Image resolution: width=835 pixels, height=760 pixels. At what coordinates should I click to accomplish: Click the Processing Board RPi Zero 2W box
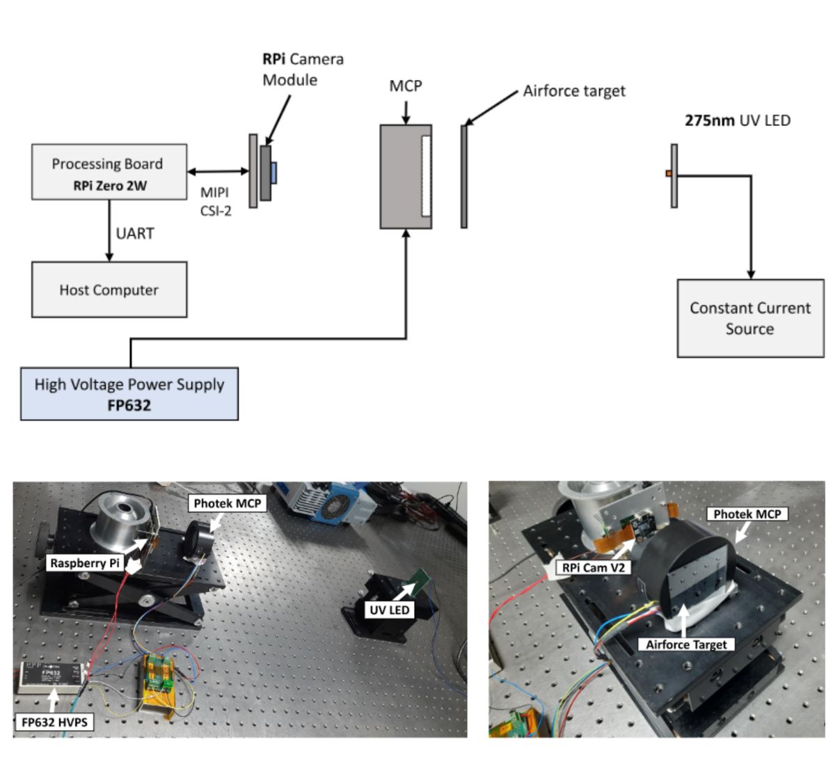(109, 172)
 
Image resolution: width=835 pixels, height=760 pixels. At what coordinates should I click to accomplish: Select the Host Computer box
(109, 290)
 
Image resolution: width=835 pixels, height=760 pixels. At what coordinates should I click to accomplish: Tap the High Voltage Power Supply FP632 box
(129, 394)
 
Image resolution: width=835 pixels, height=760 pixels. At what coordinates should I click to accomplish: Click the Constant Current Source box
(750, 318)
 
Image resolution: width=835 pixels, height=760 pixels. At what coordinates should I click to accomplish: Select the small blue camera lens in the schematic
(274, 173)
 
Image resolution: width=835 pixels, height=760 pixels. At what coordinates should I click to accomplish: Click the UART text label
(135, 233)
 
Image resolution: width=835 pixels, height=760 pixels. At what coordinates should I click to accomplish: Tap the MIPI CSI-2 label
(215, 201)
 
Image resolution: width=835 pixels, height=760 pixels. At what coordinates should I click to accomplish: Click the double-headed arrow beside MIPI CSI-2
(218, 171)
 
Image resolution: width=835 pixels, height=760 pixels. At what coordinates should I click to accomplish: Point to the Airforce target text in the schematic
(574, 91)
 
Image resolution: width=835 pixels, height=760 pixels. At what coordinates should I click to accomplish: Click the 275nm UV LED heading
(738, 120)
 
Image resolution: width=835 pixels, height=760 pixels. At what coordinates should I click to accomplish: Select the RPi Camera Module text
(303, 70)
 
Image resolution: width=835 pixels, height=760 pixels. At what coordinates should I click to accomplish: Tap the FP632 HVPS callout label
(54, 722)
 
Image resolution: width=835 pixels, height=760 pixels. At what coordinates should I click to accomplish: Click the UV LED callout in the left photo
(390, 610)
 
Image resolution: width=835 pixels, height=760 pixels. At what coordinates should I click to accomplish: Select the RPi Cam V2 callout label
(594, 567)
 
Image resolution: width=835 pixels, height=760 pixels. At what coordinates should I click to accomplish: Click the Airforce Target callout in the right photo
(686, 644)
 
